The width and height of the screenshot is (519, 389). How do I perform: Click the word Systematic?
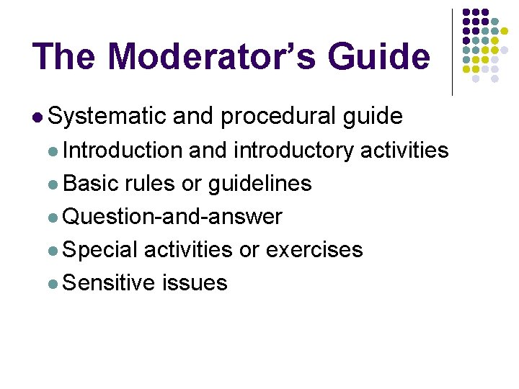click(x=107, y=115)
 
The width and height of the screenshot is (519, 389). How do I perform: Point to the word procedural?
click(x=278, y=115)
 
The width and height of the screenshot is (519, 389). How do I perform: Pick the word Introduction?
click(x=123, y=150)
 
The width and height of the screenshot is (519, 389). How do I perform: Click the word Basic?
click(x=90, y=183)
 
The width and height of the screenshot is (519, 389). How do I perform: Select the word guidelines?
click(x=259, y=183)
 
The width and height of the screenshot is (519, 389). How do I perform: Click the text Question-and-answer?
click(x=172, y=216)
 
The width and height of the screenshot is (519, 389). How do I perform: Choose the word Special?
click(x=100, y=249)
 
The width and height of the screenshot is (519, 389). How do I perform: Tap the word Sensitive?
click(x=109, y=282)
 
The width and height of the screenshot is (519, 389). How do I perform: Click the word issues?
click(x=195, y=282)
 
